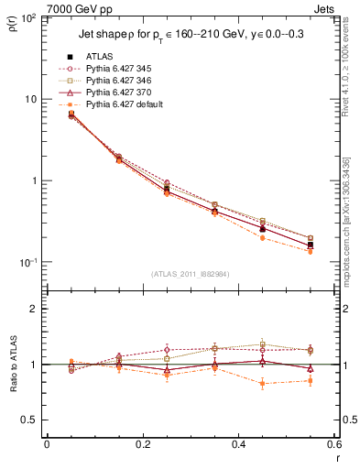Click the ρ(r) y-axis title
click(11, 25)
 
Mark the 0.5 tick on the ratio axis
click(31, 420)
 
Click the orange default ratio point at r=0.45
click(262, 384)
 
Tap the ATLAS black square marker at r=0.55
click(310, 245)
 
